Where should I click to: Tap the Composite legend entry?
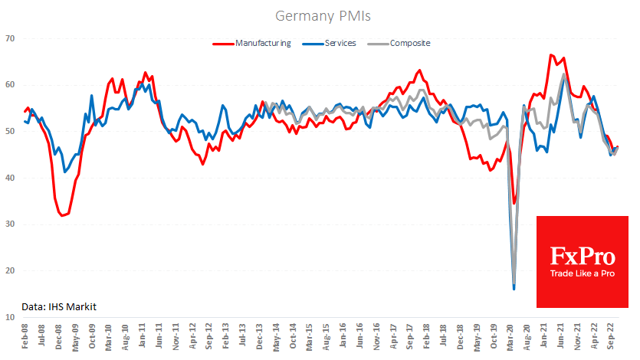pyautogui.click(x=409, y=43)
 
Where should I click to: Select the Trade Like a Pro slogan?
pyautogui.click(x=582, y=274)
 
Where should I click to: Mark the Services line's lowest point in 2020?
pyautogui.click(x=514, y=289)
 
